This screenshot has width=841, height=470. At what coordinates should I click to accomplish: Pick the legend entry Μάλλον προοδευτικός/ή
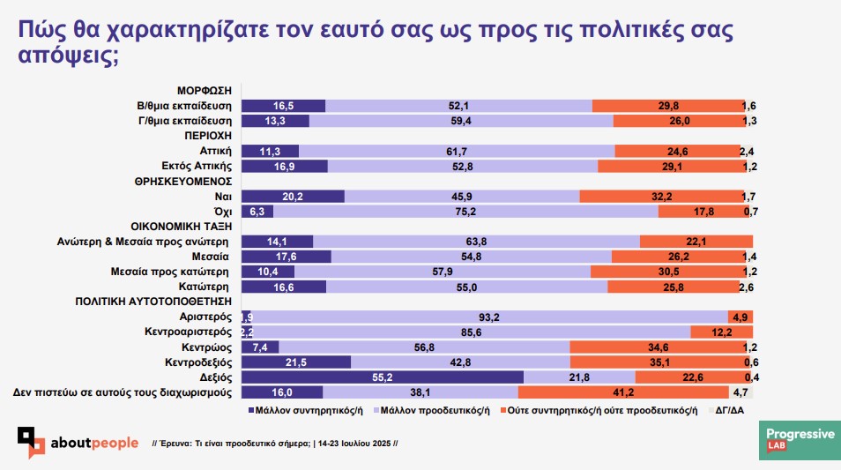pos(429,410)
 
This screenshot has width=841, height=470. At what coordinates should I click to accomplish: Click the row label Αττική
pos(216,151)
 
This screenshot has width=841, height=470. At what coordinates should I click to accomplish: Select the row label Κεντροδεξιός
pos(197,362)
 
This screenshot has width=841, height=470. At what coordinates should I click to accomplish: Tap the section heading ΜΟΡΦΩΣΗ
pos(204,91)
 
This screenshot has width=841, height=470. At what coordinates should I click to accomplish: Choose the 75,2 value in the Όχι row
pos(465,212)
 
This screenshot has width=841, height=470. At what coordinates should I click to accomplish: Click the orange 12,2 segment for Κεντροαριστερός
pos(721,332)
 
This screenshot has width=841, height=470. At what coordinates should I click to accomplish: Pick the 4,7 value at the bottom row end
pos(741,392)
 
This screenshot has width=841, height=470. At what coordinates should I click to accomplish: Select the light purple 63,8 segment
pos(477,241)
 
